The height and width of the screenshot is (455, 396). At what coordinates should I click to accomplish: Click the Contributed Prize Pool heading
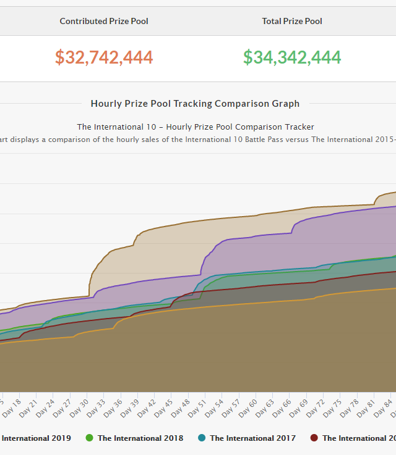pos(104,21)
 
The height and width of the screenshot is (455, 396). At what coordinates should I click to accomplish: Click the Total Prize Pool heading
pos(292,21)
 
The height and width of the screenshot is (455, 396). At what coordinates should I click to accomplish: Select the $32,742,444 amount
pos(104,57)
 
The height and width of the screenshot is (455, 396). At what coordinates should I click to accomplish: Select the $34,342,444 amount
pos(292,57)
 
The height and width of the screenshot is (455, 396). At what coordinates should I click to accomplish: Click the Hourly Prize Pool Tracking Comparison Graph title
pos(195,104)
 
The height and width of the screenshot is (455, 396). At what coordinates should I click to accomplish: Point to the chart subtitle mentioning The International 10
pos(195,127)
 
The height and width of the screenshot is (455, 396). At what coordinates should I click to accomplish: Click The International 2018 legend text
pos(140,438)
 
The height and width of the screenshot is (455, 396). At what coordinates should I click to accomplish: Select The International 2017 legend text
pos(252,438)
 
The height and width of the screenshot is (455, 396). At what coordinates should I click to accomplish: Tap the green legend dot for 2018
pos(90,438)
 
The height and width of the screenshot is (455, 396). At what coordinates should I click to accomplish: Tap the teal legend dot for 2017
pos(202,438)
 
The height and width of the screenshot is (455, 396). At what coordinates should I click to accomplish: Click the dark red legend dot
pos(314,438)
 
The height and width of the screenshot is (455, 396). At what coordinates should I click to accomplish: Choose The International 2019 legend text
pos(36,438)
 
